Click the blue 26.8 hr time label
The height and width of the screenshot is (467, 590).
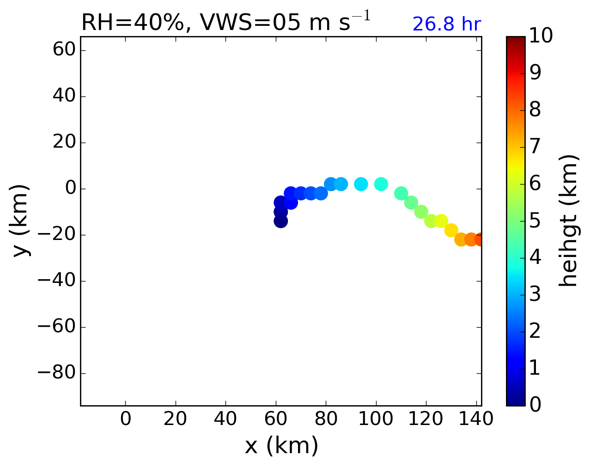(446, 24)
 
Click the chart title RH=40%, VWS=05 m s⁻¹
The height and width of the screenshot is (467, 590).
(225, 23)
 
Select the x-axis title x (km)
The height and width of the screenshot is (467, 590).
(281, 446)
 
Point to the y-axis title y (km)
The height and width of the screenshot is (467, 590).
(21, 221)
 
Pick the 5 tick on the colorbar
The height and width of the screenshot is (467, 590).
(535, 221)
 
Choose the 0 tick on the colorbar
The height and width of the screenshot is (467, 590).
(535, 405)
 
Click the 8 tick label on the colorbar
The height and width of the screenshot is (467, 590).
(535, 110)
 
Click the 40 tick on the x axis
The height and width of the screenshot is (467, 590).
(225, 419)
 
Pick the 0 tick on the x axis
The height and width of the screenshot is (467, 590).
(126, 419)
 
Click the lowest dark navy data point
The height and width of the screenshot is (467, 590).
(280, 221)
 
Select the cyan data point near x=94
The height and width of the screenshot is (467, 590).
(361, 184)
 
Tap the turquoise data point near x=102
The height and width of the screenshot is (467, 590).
(381, 184)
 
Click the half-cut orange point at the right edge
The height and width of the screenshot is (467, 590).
(479, 239)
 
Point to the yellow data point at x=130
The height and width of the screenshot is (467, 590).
(451, 230)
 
